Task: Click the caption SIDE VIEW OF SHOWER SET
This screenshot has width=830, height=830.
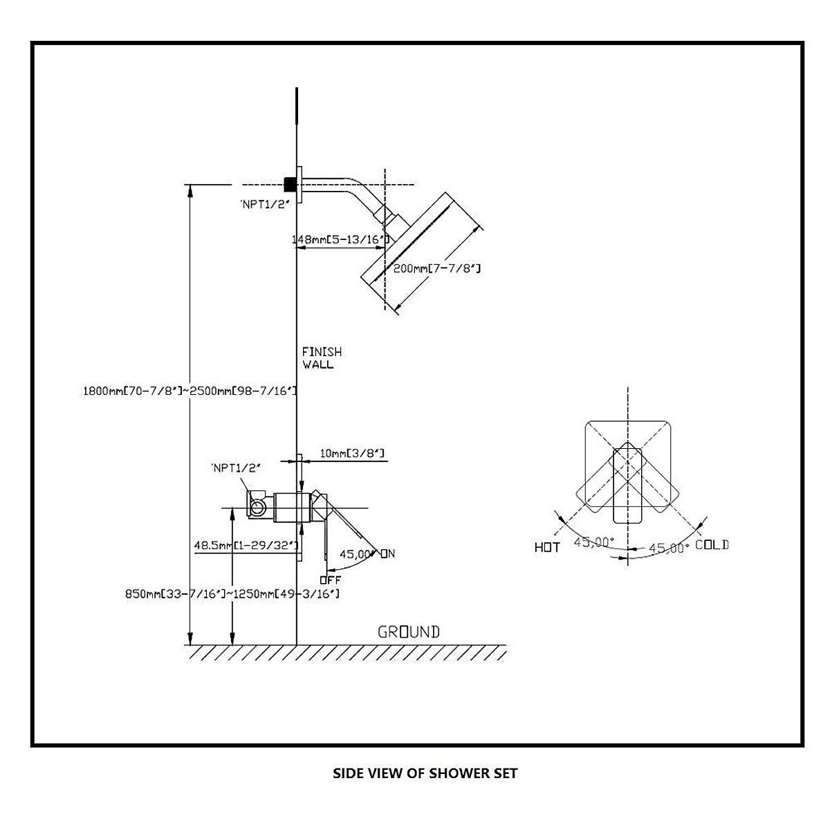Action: (425, 773)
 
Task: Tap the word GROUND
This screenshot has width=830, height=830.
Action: (408, 631)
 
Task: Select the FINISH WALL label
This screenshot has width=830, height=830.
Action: (322, 358)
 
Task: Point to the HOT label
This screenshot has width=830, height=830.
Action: (547, 547)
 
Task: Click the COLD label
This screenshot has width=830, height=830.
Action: (712, 545)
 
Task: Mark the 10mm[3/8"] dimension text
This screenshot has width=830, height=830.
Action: (352, 454)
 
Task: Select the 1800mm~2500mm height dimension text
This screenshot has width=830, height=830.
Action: (190, 391)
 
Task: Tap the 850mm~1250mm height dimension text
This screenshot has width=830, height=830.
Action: (232, 593)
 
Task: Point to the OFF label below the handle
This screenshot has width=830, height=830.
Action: (331, 580)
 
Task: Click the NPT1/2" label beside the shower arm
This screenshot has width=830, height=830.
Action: (264, 203)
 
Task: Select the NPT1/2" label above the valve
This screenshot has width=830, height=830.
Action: (236, 468)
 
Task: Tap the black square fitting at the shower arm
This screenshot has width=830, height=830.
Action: (290, 184)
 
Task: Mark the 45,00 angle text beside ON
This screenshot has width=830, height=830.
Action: (355, 553)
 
